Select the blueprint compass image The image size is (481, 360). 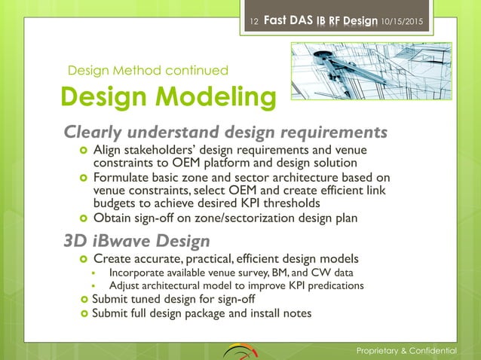pos(347,75)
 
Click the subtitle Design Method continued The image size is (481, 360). pos(148,71)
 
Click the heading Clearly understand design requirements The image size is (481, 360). pos(225,133)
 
